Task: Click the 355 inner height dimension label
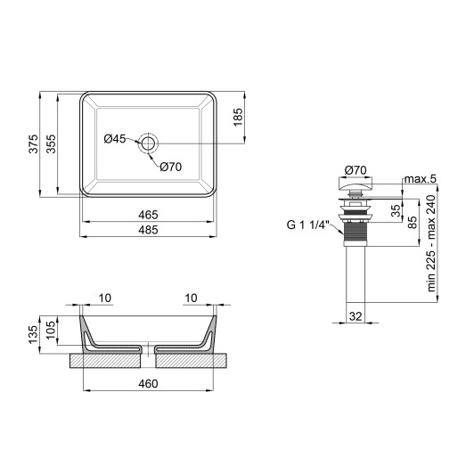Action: (53, 143)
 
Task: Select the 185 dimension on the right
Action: (239, 117)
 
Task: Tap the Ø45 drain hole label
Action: (115, 139)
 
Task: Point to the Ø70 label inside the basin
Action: (171, 165)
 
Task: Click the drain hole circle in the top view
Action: (148, 142)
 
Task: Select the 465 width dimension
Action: (148, 215)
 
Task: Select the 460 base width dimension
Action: (148, 384)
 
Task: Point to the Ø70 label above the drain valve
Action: (356, 169)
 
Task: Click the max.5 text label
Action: (420, 180)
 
